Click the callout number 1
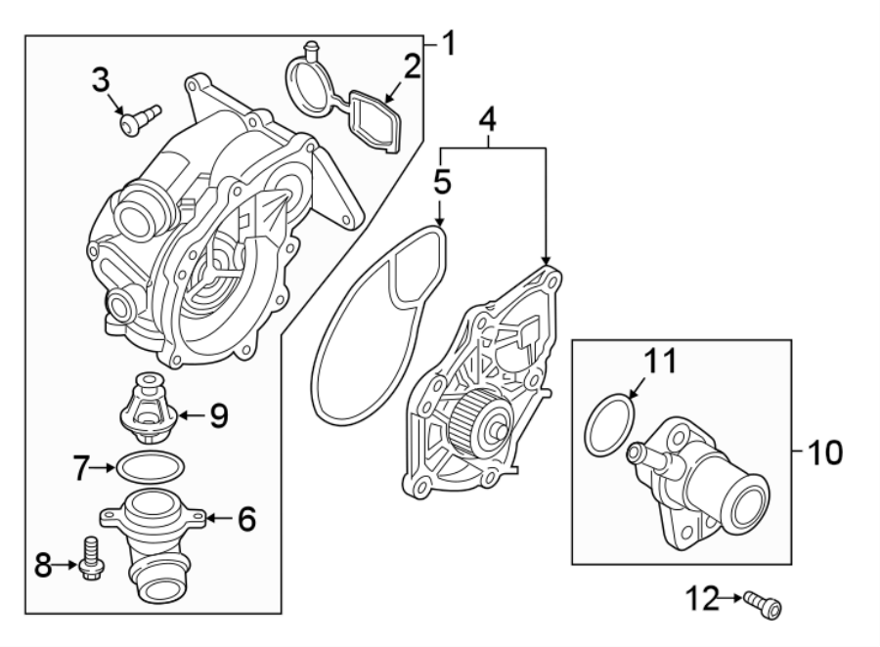click(x=448, y=43)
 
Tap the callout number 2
click(x=412, y=66)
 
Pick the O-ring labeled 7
click(x=150, y=467)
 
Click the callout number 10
click(x=824, y=453)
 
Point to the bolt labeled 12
click(x=762, y=602)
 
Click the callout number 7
click(x=84, y=468)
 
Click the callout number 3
click(x=101, y=79)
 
